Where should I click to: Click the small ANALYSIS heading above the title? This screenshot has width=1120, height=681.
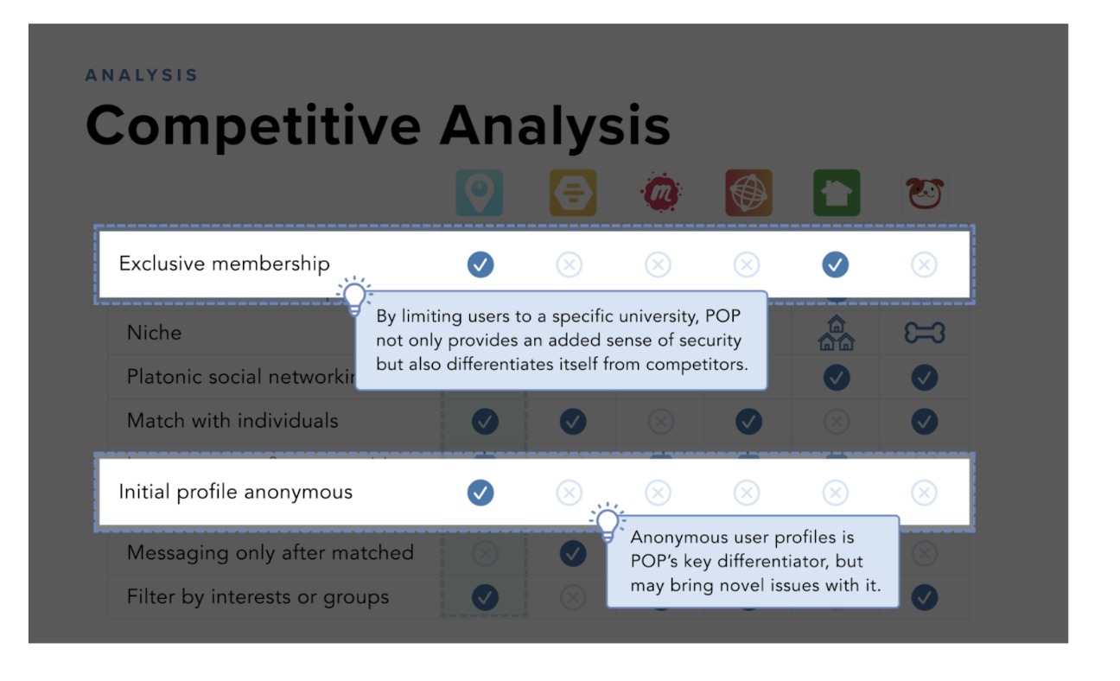click(142, 76)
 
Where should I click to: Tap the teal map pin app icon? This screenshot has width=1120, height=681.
click(480, 193)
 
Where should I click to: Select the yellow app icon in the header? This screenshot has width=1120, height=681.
click(573, 193)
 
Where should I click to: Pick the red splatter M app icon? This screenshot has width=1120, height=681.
click(661, 193)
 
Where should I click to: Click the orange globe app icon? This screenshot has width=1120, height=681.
click(748, 193)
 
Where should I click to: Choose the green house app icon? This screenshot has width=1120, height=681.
click(837, 193)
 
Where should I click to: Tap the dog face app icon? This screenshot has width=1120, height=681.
click(925, 193)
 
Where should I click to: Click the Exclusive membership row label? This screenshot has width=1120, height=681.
click(224, 264)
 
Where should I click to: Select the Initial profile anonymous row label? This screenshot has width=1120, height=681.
click(235, 493)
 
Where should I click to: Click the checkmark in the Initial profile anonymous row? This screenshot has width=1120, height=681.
click(480, 493)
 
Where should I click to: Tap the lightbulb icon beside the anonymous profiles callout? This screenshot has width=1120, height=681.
click(608, 523)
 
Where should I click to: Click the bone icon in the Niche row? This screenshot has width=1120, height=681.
click(925, 333)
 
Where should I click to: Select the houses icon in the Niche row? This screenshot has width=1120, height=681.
click(836, 334)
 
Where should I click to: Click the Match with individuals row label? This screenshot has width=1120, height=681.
click(232, 422)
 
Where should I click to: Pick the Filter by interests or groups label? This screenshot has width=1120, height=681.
click(258, 597)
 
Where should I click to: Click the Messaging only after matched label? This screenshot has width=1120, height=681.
click(270, 553)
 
